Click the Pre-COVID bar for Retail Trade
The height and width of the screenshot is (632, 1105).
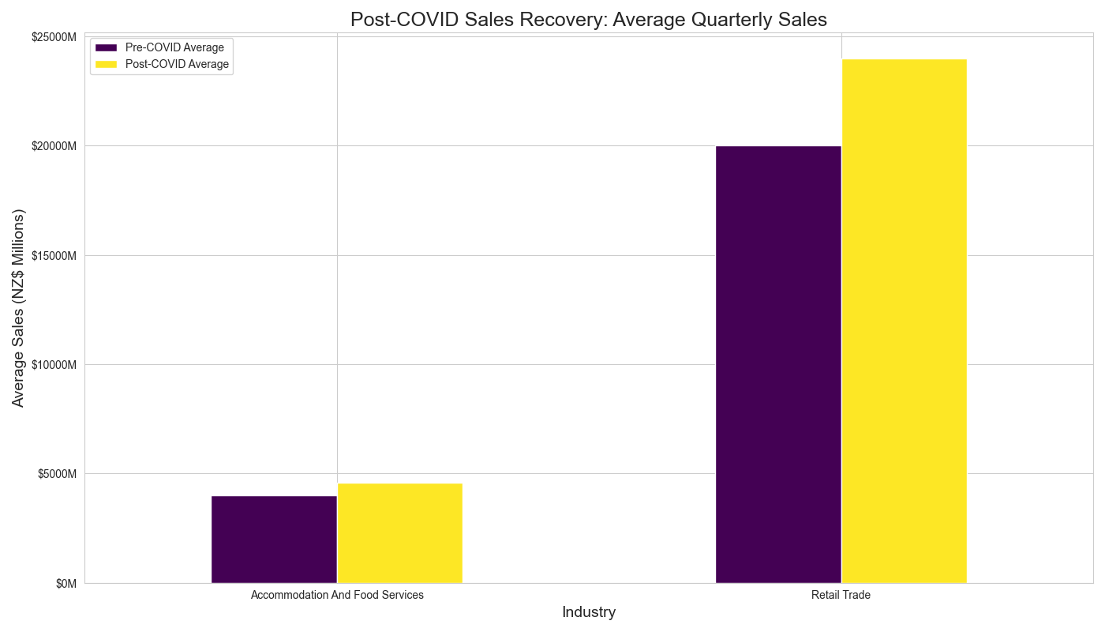[778, 364]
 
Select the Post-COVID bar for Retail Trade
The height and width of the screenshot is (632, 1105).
[904, 321]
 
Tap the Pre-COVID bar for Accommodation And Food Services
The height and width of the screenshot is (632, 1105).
[274, 540]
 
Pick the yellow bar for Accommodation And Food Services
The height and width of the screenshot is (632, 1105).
[399, 533]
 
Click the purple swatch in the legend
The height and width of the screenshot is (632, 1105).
[106, 47]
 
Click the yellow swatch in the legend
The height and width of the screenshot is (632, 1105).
[106, 64]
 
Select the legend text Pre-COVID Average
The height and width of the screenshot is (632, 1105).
[174, 47]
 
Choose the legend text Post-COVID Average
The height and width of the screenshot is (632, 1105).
[177, 64]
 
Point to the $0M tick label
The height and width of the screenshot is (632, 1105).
[66, 584]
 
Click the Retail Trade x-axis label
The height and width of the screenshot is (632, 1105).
[841, 595]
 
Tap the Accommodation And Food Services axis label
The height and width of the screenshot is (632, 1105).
[337, 595]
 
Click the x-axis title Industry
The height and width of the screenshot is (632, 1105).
[589, 612]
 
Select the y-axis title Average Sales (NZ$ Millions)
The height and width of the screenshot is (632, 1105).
[19, 308]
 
